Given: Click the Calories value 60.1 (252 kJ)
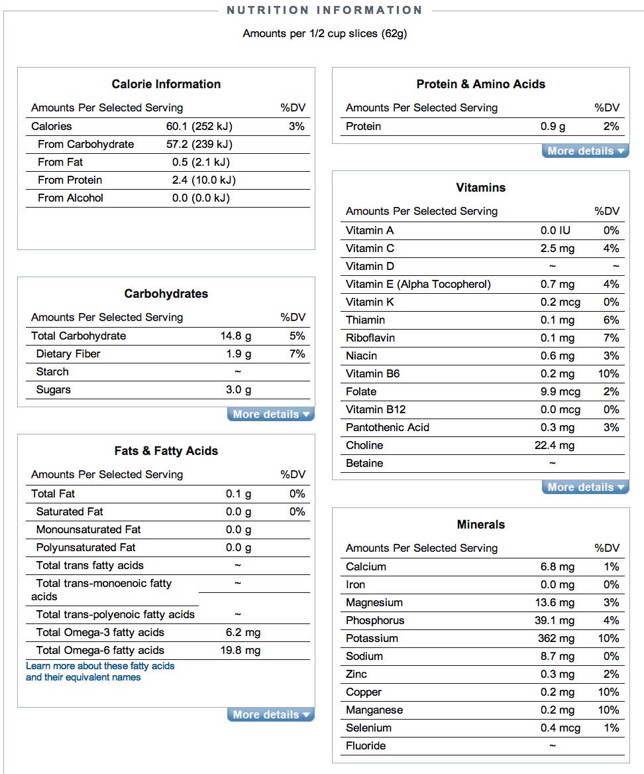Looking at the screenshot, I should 199,126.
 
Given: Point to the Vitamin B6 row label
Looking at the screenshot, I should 372,373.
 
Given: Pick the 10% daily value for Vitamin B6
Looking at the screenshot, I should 608,373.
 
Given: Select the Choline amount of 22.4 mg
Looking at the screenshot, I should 555,445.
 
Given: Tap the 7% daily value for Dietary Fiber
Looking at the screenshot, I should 297,354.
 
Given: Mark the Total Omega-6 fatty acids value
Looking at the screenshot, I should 240,650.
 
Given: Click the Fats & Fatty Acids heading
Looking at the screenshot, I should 166,451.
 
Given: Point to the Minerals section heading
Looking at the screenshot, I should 481,525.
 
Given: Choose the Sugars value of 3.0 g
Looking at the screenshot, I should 239,389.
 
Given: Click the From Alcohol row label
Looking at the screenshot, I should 70,198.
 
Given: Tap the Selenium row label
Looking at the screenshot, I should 368,728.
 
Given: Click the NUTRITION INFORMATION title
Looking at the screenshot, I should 325,10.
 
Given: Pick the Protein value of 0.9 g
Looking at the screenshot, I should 553,126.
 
